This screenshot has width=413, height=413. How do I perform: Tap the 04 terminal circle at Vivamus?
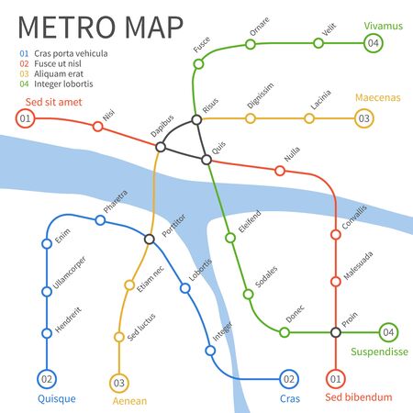(x=373, y=43)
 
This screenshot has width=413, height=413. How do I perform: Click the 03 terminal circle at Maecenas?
(x=364, y=118)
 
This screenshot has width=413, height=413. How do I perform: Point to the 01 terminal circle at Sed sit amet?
(x=26, y=118)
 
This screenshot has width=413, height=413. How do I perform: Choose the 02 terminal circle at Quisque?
(x=46, y=377)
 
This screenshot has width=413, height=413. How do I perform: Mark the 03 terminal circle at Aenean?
(x=118, y=382)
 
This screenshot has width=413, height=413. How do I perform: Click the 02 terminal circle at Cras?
(x=288, y=378)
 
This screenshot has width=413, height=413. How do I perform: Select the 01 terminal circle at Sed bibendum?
(x=335, y=378)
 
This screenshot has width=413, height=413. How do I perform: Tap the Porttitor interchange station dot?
(x=149, y=239)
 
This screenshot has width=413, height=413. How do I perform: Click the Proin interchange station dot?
(x=335, y=331)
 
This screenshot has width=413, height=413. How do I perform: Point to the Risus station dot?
(x=195, y=119)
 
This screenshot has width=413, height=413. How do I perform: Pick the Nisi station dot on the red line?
(x=98, y=127)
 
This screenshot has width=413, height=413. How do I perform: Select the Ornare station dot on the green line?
(x=251, y=43)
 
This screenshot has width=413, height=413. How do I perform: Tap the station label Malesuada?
(x=358, y=267)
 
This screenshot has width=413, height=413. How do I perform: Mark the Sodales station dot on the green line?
(x=247, y=295)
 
